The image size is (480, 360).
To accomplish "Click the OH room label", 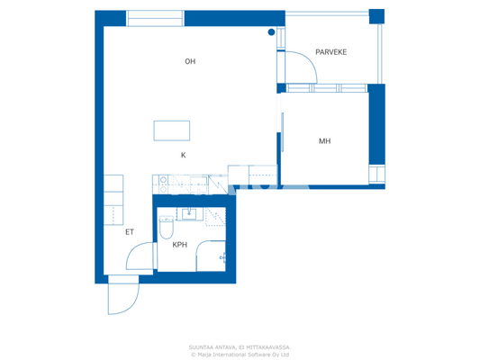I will [190, 62].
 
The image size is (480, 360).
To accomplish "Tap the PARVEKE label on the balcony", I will [331, 52].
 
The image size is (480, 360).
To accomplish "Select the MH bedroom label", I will [325, 141].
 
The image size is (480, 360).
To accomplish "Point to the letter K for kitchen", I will [183, 155].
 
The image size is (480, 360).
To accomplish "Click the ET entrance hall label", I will [130, 232].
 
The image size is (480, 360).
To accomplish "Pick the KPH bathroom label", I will [180, 244].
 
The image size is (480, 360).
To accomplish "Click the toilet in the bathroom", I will [165, 229].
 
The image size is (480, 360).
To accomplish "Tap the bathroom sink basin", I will [190, 214].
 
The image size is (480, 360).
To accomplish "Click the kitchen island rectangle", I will [171, 130].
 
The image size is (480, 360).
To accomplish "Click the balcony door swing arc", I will [301, 67].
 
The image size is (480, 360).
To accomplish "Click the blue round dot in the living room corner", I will [271, 32].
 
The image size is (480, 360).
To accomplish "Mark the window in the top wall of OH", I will [154, 18].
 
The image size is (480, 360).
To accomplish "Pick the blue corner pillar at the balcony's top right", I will [376, 15].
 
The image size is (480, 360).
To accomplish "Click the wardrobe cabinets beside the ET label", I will [113, 200].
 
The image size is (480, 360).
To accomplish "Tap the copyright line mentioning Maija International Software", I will [240, 354].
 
